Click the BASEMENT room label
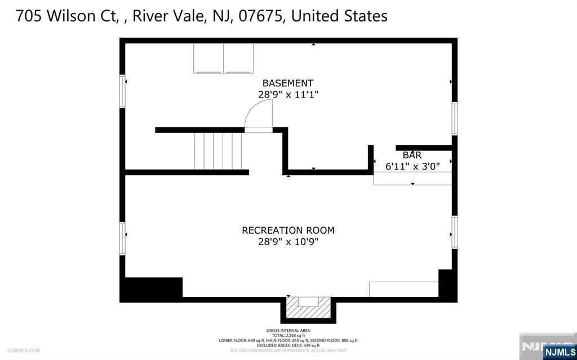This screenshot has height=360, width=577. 287,83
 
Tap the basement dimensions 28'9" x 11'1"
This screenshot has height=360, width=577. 288,95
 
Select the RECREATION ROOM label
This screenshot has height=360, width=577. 288,230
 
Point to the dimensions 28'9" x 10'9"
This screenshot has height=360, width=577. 288,242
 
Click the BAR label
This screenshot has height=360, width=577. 412,155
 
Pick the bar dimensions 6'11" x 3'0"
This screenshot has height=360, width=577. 412,166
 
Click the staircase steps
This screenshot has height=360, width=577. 218,150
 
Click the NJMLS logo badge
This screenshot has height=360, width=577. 558,352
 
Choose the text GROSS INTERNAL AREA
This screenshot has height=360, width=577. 288,331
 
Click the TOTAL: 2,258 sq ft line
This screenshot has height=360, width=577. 288,335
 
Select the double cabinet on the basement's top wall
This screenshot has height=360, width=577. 224,58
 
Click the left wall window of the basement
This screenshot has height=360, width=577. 122,91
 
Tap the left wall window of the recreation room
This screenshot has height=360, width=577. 122,239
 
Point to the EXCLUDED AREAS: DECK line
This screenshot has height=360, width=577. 288,345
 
